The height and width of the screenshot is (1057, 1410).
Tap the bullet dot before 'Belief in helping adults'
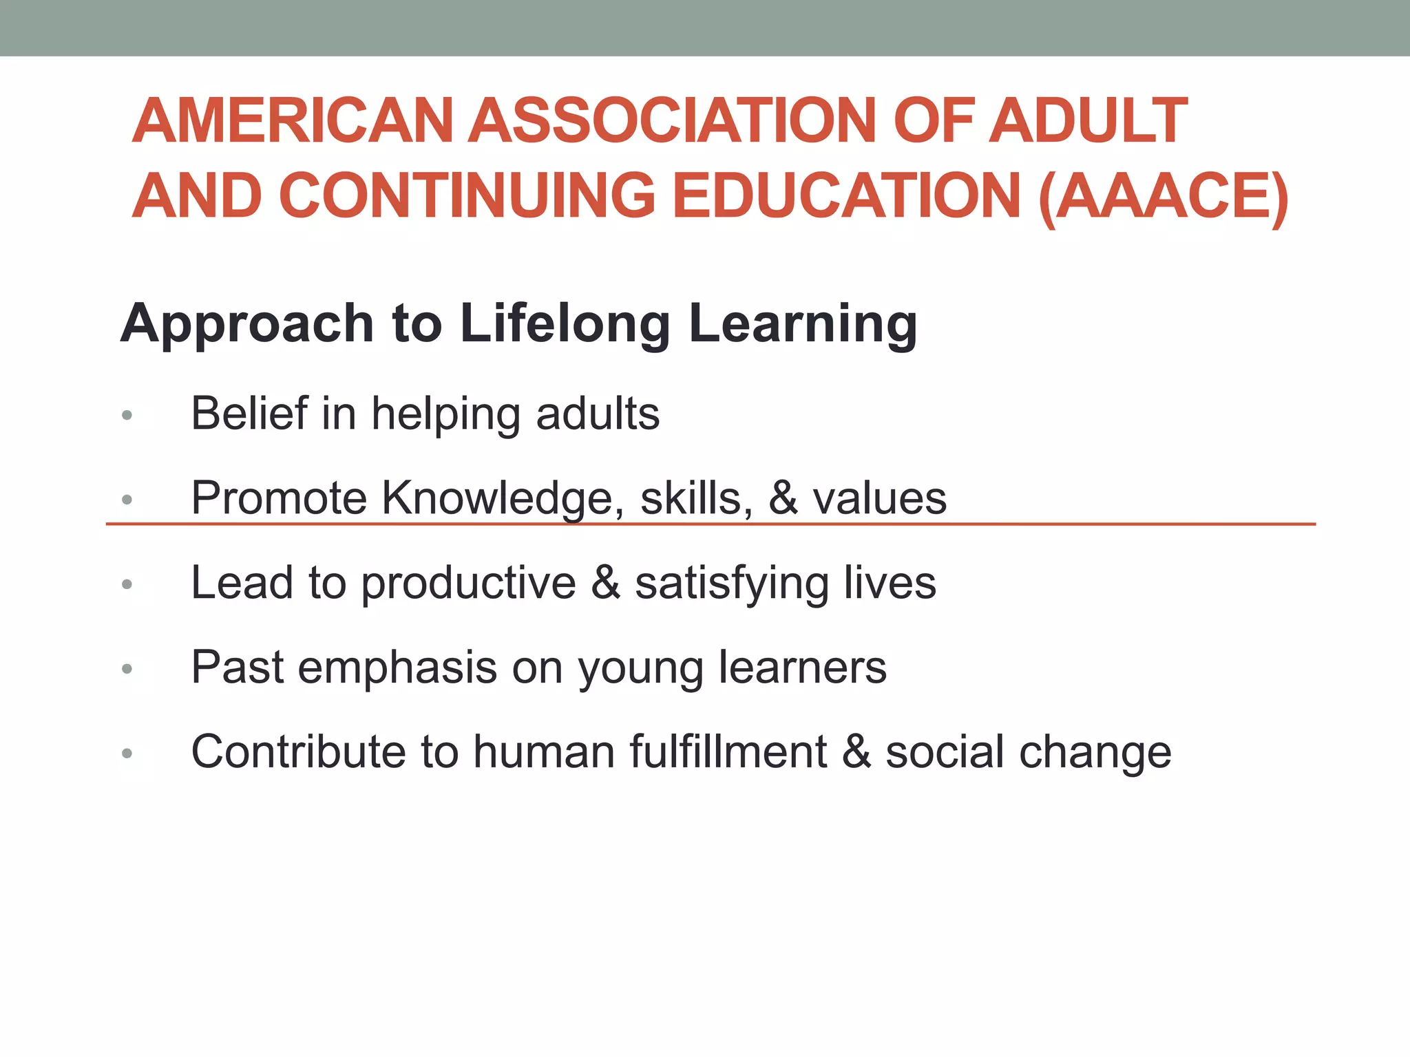(x=127, y=415)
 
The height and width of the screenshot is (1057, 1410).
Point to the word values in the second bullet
(x=879, y=498)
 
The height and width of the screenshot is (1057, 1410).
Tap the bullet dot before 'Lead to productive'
(x=127, y=584)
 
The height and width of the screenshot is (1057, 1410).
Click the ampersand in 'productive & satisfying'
(x=605, y=583)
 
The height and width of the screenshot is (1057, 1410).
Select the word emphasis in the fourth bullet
(x=397, y=668)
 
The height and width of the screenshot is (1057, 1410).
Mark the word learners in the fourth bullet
(x=802, y=667)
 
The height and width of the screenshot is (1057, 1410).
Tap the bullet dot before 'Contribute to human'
(x=127, y=754)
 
